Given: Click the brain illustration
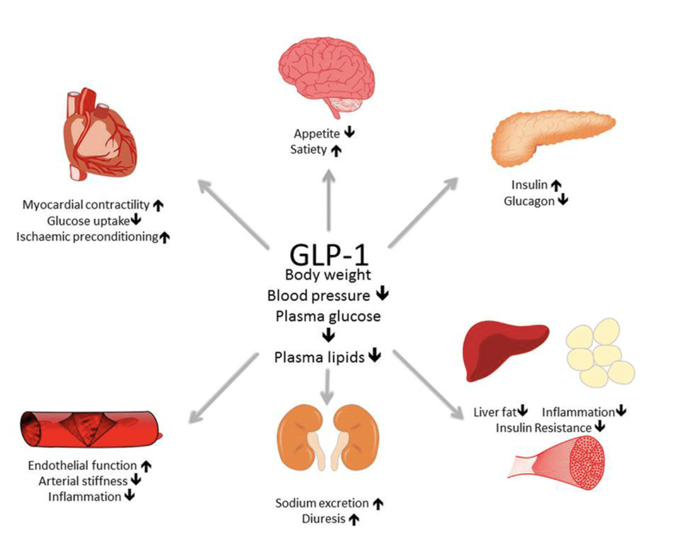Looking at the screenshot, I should tap(326, 76).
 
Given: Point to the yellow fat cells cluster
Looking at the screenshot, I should tap(600, 353).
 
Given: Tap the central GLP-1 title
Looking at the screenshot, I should tap(329, 254).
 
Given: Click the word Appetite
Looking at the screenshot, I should tap(317, 134).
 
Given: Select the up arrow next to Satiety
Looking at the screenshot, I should tap(336, 151).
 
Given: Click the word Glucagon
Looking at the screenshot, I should tap(529, 201).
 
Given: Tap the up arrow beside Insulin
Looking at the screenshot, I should tap(556, 185).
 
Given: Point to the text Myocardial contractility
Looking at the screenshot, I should tap(86, 205).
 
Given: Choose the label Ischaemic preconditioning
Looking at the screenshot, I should tap(87, 237).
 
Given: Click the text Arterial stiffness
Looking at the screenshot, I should tap(83, 480).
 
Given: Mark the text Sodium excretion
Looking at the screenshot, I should tap(322, 503).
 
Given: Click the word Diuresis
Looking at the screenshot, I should tap(323, 519).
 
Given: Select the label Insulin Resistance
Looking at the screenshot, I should tap(543, 428).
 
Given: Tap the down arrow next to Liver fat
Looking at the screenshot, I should tap(522, 411).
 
